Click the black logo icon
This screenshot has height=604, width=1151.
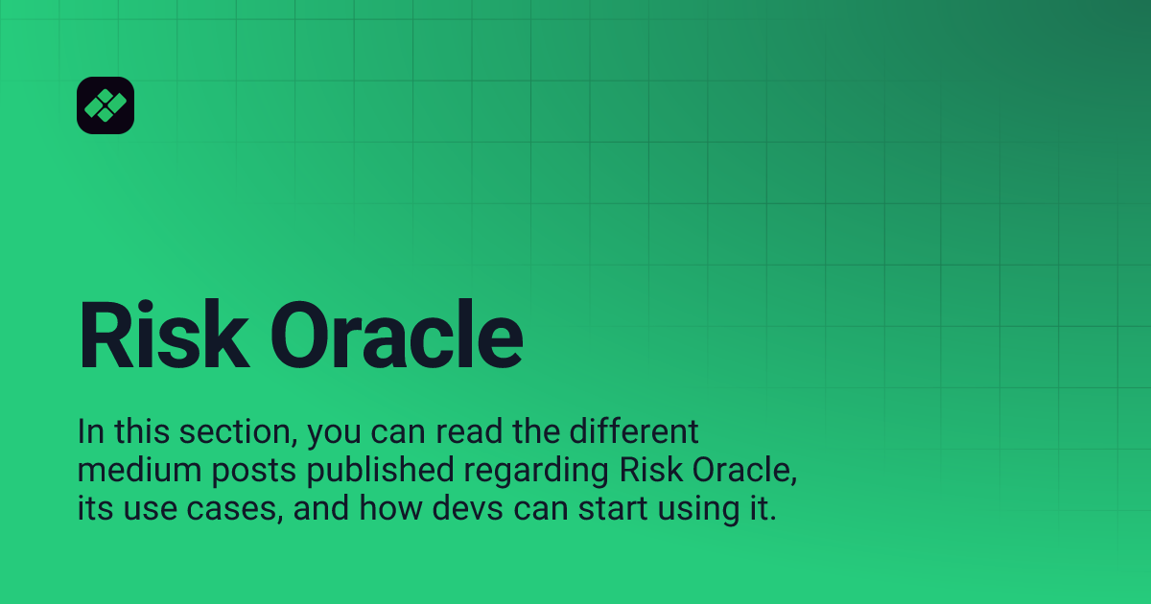(106, 105)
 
